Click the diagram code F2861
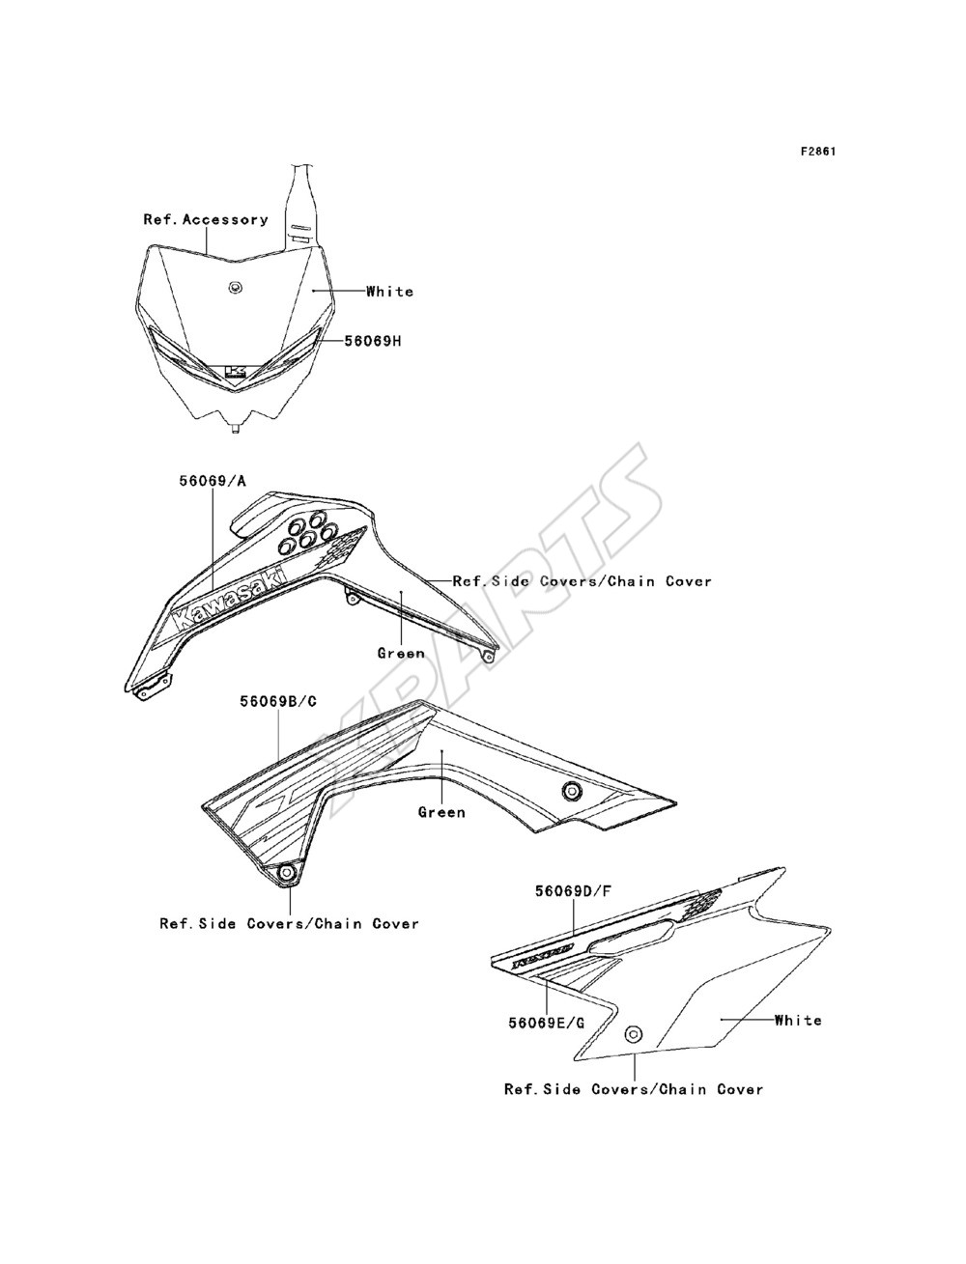click(817, 152)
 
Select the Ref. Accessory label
click(206, 219)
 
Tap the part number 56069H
click(373, 341)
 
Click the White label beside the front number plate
click(390, 292)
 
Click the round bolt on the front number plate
click(235, 288)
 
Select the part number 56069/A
click(213, 481)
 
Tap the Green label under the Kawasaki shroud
click(401, 654)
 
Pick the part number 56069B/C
click(278, 702)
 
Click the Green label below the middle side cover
click(441, 812)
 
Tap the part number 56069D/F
click(573, 891)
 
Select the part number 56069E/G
click(546, 1023)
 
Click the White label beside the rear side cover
click(798, 1021)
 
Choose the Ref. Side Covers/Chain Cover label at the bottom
click(634, 1089)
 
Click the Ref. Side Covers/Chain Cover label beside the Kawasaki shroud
click(582, 581)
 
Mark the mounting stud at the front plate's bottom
click(235, 428)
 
